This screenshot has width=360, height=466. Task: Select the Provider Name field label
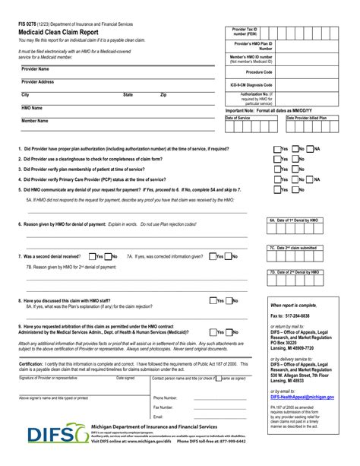[x=36, y=68]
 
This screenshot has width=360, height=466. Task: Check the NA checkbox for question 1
[x=311, y=149]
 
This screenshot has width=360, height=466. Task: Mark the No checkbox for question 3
[x=293, y=169]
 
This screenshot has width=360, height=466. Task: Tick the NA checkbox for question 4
[x=311, y=179]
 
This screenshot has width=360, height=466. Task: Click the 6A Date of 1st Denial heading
[x=293, y=219]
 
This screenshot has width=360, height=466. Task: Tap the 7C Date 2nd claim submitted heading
[x=293, y=248]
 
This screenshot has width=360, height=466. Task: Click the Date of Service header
[x=238, y=118]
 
